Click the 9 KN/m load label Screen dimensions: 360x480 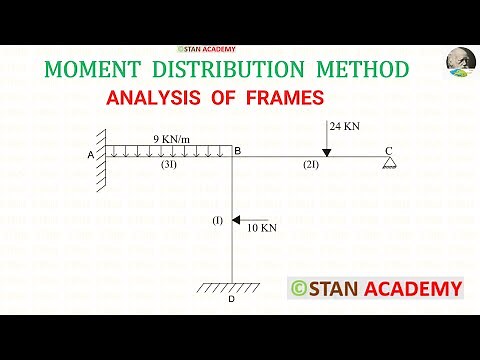[x=175, y=138]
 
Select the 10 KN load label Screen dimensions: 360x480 [x=261, y=228]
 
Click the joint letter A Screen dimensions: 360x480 [x=91, y=155]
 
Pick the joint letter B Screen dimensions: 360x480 [x=237, y=150]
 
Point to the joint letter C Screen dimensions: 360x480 [x=388, y=150]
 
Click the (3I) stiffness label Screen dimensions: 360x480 [x=169, y=168]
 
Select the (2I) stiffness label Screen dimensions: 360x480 [x=310, y=168]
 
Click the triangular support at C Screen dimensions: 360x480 [x=388, y=163]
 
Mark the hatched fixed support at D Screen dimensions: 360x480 [x=231, y=288]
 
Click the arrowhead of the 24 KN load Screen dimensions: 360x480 [x=326, y=152]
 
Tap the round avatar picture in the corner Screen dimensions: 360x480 [x=460, y=63]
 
